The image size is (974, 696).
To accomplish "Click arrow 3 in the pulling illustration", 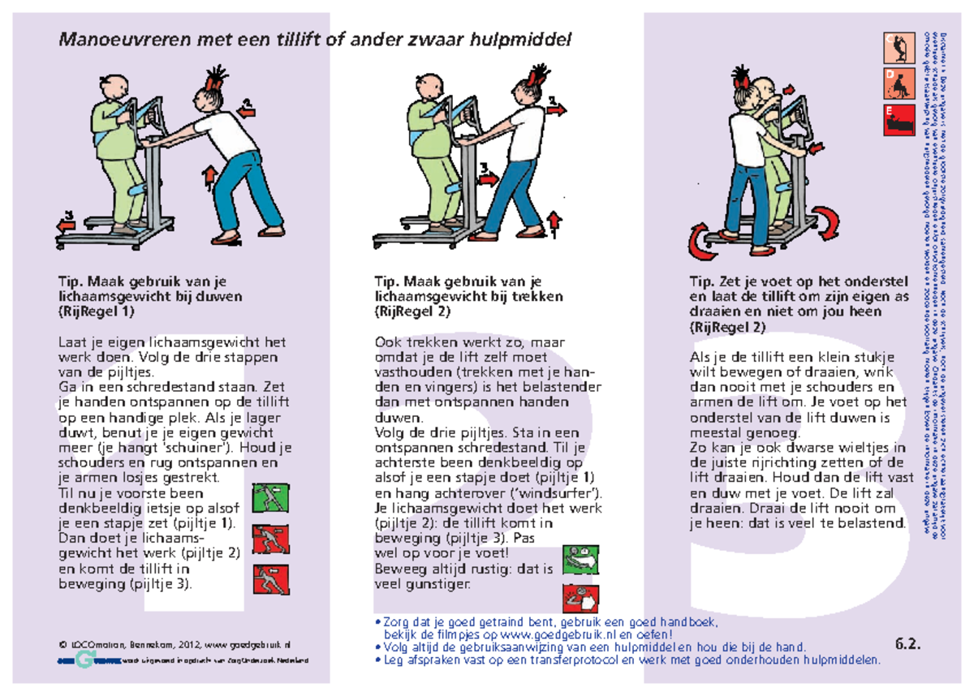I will click(x=487, y=173).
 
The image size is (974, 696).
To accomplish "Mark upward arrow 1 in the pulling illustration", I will click(x=554, y=225).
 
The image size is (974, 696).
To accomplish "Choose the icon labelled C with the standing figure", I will click(x=899, y=48).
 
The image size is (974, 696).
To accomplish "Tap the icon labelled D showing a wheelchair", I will click(x=899, y=84).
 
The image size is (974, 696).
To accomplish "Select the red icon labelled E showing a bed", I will click(x=899, y=120).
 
